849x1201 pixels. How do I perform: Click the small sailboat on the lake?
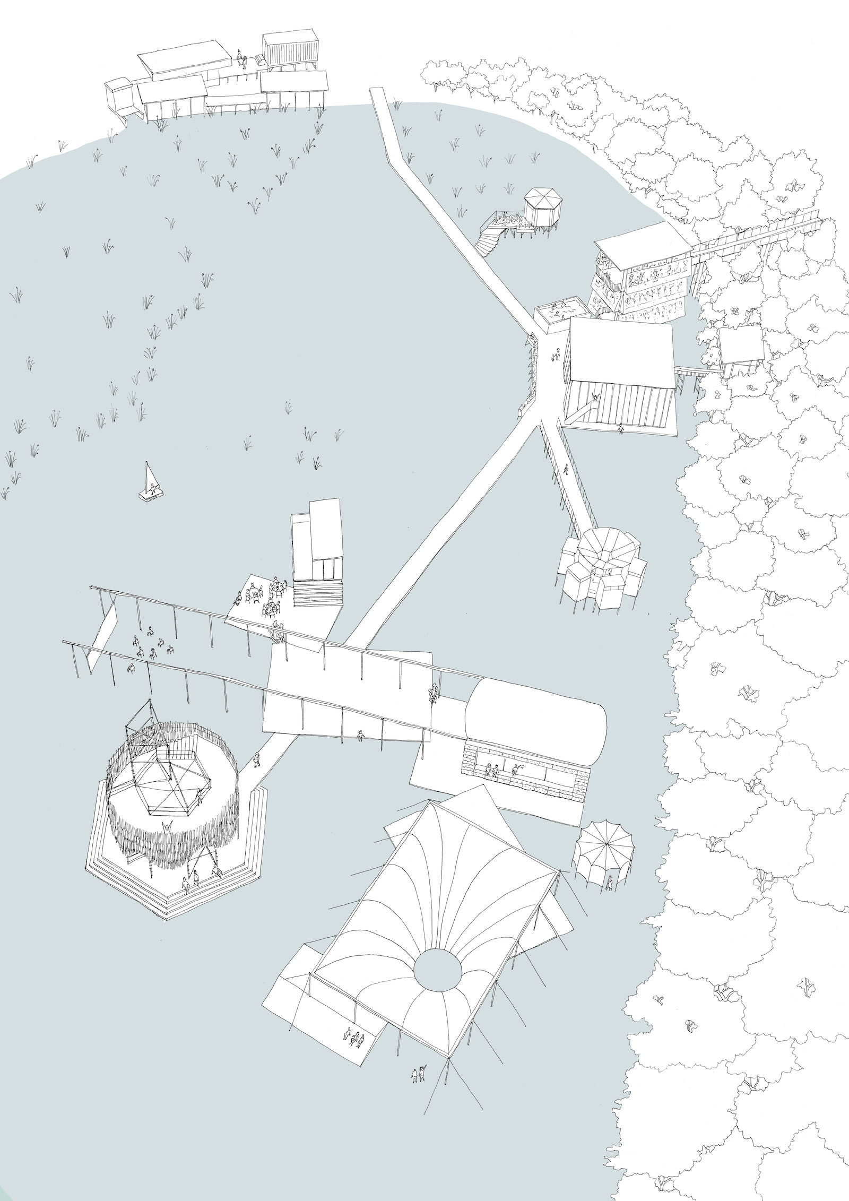[150, 482]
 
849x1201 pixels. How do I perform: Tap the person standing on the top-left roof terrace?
[240, 57]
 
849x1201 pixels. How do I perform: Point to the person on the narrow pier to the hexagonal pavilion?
[566, 469]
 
